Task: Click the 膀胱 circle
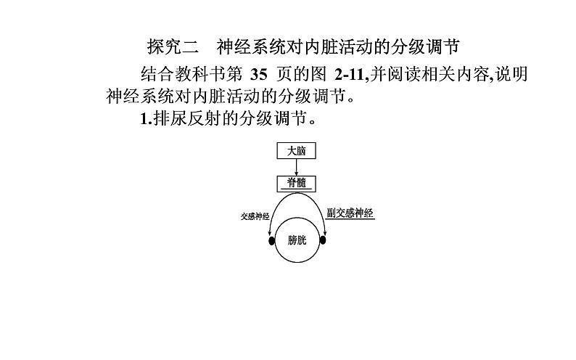point(297,240)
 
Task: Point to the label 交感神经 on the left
point(255,216)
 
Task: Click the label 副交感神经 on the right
point(350,215)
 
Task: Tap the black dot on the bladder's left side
point(271,240)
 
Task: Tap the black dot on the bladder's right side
point(324,240)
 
